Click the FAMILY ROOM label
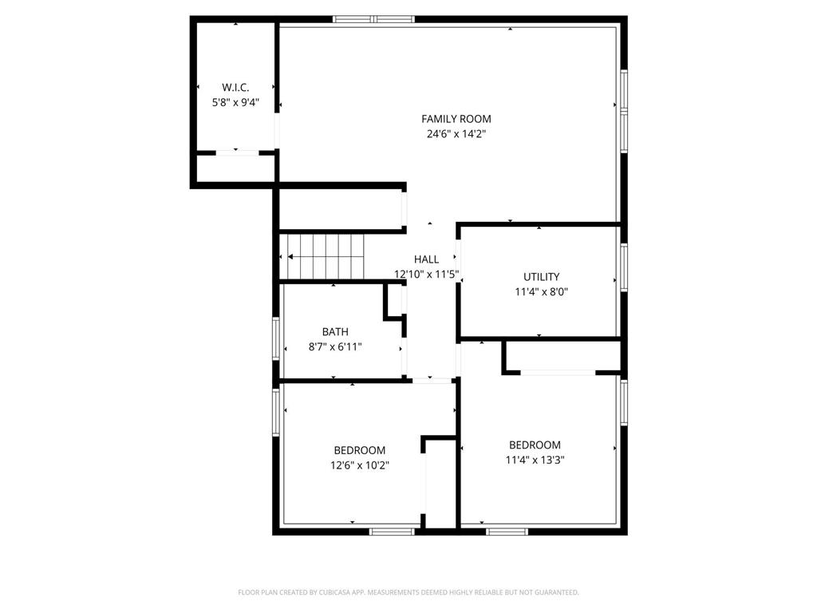coord(456,119)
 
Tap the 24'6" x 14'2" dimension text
coord(456,134)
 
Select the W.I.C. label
coord(235,87)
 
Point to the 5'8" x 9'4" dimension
coord(235,102)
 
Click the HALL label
coord(426,259)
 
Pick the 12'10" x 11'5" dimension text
coord(426,275)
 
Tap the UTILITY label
coord(541,277)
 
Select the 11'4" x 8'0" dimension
coord(541,292)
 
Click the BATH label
coord(335,332)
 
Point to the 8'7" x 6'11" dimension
coord(335,347)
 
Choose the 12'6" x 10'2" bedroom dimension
coord(359,465)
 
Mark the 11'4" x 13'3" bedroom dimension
coord(535,460)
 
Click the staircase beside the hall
coord(323,256)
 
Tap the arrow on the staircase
coord(292,256)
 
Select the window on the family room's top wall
coord(373,19)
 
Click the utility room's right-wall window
coord(624,266)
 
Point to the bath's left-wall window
coord(275,338)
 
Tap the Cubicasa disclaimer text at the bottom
coord(408,592)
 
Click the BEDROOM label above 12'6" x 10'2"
coord(359,450)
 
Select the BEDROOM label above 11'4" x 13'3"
coord(535,445)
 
